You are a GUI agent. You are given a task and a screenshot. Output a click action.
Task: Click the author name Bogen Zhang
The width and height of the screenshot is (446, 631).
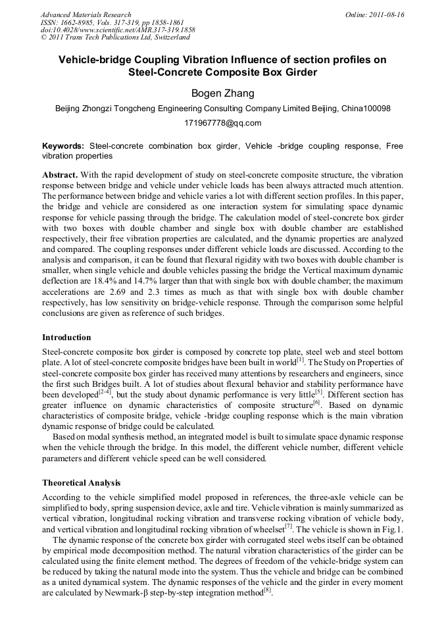pyautogui.click(x=222, y=93)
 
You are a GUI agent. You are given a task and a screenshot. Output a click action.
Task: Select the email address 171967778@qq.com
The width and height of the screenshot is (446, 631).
pyautogui.click(x=222, y=123)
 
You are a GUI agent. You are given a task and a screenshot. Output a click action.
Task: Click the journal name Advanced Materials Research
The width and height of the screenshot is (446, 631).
pyautogui.click(x=86, y=14)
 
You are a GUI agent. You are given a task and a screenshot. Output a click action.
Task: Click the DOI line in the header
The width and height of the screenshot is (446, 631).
pyautogui.click(x=118, y=30)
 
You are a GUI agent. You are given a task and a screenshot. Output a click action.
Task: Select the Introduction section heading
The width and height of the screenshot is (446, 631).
pyautogui.click(x=66, y=338)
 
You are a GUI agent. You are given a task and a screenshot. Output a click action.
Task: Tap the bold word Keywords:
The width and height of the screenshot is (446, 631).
pyautogui.click(x=63, y=145)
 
